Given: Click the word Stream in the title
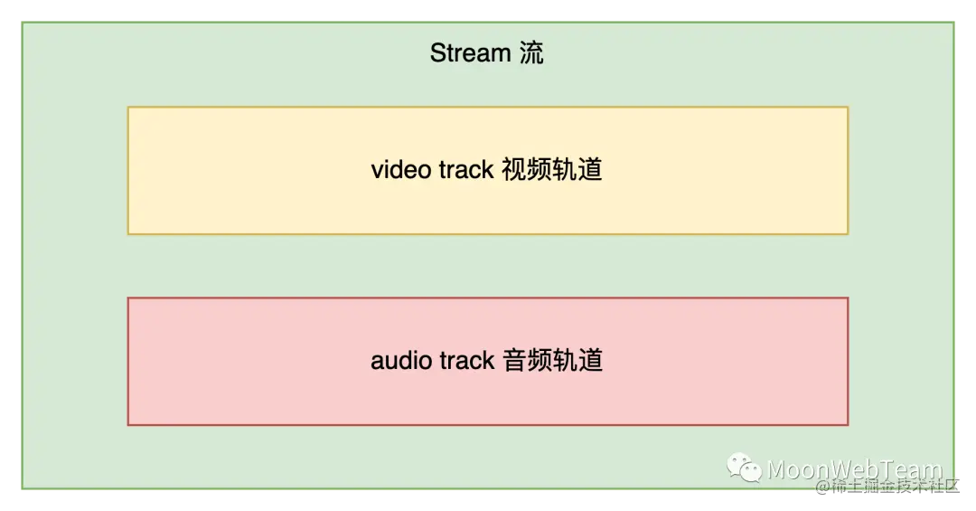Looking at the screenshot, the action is (470, 53).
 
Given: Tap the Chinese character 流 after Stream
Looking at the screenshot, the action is (531, 53).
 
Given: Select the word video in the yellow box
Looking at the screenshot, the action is (400, 170).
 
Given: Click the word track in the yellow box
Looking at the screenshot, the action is (466, 170).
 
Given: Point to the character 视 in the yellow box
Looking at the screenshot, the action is (512, 170).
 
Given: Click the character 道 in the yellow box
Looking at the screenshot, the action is (590, 170).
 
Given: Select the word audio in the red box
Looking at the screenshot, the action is (400, 361).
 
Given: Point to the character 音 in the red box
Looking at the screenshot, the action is (512, 361).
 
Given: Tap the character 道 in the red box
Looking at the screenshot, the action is (590, 361).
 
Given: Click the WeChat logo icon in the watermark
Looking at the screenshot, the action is (746, 468).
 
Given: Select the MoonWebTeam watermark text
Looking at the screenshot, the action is (854, 469).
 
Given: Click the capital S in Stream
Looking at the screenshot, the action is (437, 53).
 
